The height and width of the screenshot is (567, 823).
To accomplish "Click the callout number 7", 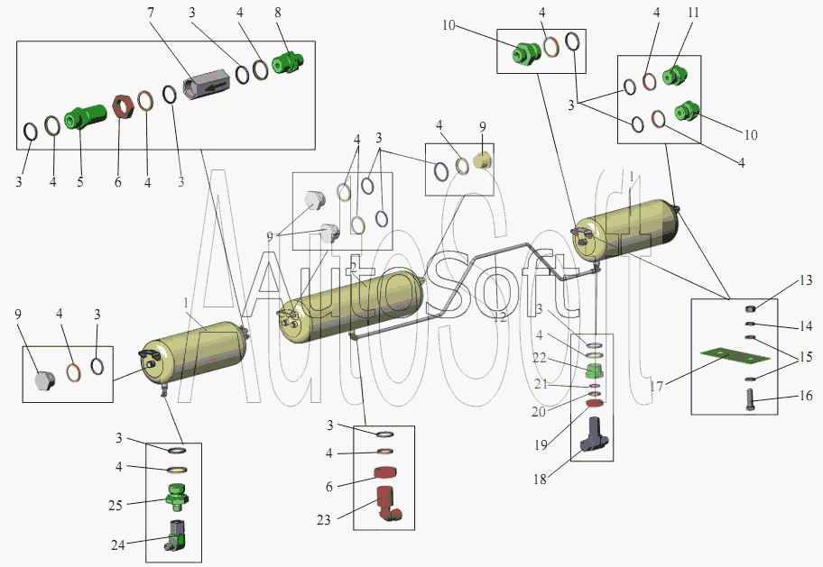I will pos(151,13).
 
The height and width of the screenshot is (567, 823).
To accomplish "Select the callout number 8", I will pos(278,13).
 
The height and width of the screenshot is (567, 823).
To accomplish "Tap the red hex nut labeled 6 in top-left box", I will pos(125,110).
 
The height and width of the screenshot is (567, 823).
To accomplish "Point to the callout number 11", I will pos(692,13).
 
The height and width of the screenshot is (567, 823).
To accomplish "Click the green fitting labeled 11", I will pos(673,77).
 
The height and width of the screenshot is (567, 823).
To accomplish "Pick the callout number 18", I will pos(541,480).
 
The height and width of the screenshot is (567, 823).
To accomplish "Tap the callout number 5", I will pos(79,181).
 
